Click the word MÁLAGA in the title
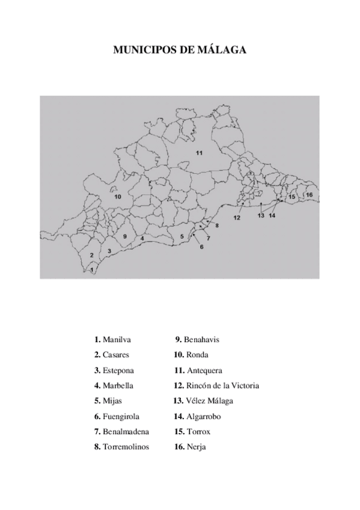[225, 51]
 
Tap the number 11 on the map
[199, 153]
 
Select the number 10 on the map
[118, 197]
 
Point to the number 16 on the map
[309, 195]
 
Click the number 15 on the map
[292, 197]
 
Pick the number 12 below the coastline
[237, 218]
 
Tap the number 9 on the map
[124, 237]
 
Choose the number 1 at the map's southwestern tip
[91, 270]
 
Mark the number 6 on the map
[202, 247]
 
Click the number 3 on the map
[109, 250]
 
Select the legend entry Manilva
[117, 340]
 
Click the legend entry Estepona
[118, 370]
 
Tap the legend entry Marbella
[118, 386]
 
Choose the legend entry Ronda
[198, 355]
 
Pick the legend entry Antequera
[204, 370]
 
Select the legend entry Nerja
[197, 447]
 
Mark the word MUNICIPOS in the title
[144, 51]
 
